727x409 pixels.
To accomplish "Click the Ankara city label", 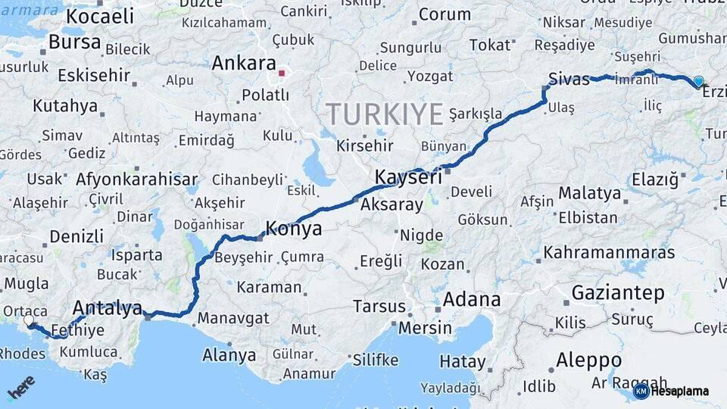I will pos(243,63).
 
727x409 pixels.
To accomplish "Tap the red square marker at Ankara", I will pos(282,73).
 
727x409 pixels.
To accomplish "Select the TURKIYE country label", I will pos(385,114).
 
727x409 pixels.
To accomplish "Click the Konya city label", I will pos(293,229).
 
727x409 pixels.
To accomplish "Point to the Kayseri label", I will pos(408,178).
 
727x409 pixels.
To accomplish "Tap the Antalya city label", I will pos(107,308).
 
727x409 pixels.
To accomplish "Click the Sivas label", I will pos(569,79).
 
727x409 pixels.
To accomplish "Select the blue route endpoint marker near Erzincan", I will pos(698,81).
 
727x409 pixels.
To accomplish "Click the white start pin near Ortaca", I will pos(29,321).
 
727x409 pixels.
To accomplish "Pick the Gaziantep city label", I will pos(618,292).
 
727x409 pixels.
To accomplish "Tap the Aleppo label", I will pos(588,360).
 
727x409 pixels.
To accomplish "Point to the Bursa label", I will pos(74,42).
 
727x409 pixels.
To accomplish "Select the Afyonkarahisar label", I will pos(136,180).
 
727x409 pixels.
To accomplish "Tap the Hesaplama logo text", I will pos(679,392).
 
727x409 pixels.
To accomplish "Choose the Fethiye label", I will pos(80,331).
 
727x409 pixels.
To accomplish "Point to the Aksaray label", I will pos(392,205).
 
